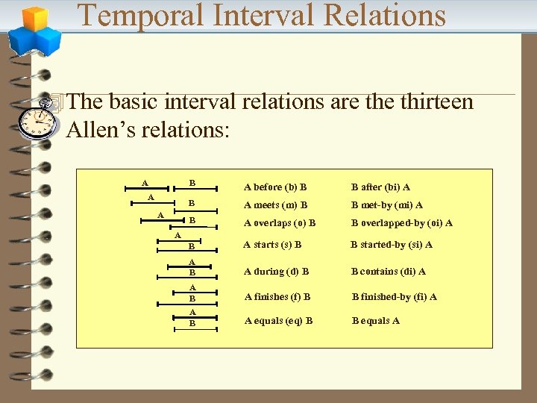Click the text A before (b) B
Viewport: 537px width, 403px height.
pyautogui.click(x=275, y=187)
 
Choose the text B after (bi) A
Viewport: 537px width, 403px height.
pyautogui.click(x=380, y=187)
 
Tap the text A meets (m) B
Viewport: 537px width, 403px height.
pyautogui.click(x=275, y=204)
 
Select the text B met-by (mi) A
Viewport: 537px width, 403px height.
pyautogui.click(x=387, y=204)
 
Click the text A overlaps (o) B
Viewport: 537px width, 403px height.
pyautogui.click(x=279, y=222)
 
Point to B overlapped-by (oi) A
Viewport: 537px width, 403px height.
pyautogui.click(x=401, y=222)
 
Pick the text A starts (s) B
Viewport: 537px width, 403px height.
pyautogui.click(x=272, y=244)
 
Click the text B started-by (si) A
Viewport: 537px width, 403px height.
pyautogui.click(x=392, y=244)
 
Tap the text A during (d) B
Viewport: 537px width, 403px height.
pyautogui.click(x=276, y=271)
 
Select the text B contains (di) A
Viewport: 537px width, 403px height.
pyautogui.click(x=389, y=271)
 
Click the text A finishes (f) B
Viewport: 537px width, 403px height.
pyautogui.click(x=277, y=296)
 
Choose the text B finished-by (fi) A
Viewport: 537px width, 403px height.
pyautogui.click(x=394, y=296)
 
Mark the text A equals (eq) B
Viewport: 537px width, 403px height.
pyautogui.click(x=277, y=321)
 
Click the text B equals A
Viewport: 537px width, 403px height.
pyautogui.click(x=375, y=321)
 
